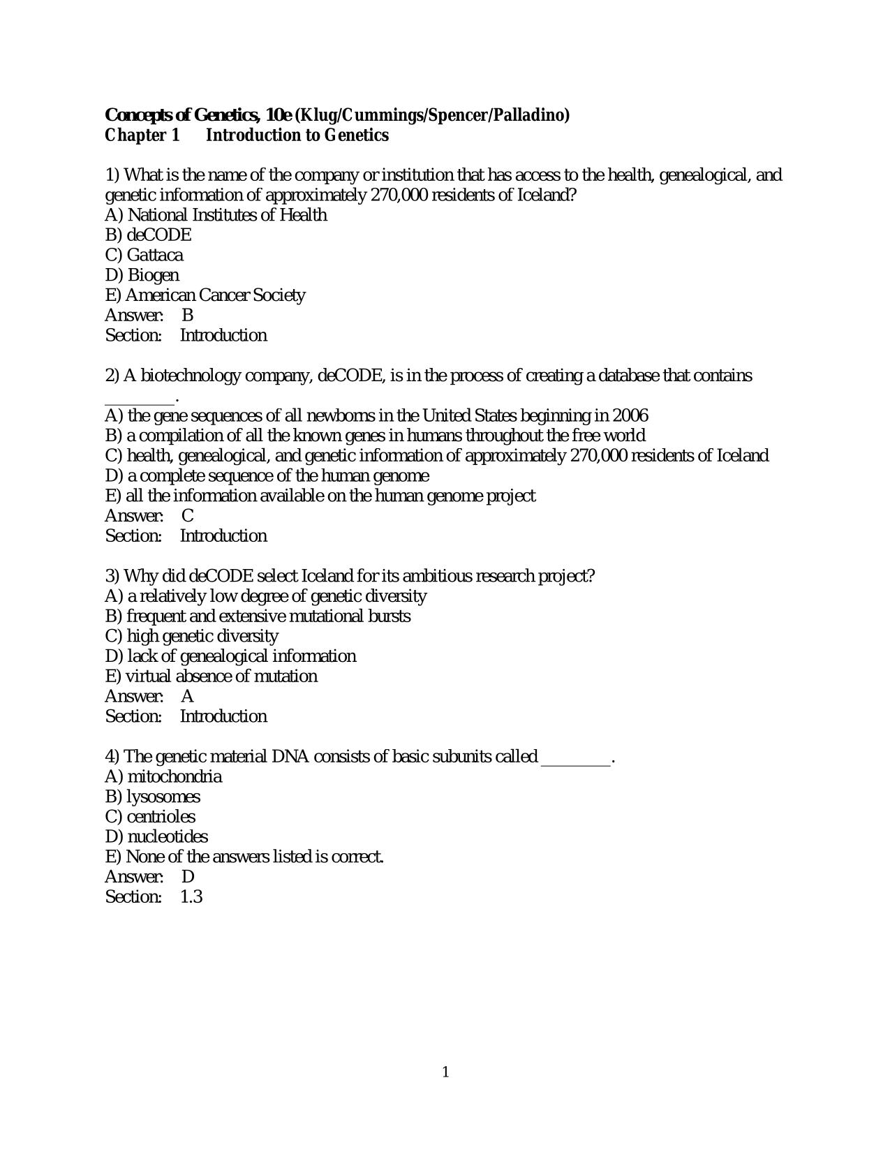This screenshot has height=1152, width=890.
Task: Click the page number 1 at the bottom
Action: tap(445, 1072)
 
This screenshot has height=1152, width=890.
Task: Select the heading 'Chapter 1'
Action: tap(142, 135)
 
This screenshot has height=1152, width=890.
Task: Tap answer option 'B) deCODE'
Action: tap(148, 235)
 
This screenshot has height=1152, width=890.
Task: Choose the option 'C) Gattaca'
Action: tap(144, 256)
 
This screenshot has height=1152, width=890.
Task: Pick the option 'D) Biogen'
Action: tap(142, 275)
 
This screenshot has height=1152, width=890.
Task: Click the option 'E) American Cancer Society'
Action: tap(205, 295)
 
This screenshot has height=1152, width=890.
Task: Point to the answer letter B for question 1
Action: tap(187, 316)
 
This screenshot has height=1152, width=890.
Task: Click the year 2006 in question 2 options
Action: tap(630, 416)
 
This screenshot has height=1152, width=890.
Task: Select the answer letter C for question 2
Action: tap(188, 516)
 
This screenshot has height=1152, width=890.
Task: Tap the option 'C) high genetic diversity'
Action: tap(192, 636)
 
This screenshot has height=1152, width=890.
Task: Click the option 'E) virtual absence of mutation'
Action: tap(212, 677)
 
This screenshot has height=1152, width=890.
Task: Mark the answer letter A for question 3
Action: tap(187, 696)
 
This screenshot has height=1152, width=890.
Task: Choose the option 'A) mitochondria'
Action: tap(163, 776)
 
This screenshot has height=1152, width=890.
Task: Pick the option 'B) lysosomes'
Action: tap(152, 797)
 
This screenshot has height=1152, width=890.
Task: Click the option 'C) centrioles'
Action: tap(150, 817)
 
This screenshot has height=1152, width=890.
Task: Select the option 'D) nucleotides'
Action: tap(156, 836)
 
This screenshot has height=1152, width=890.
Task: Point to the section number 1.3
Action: tap(191, 896)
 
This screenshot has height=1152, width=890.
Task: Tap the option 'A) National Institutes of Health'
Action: tap(216, 215)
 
